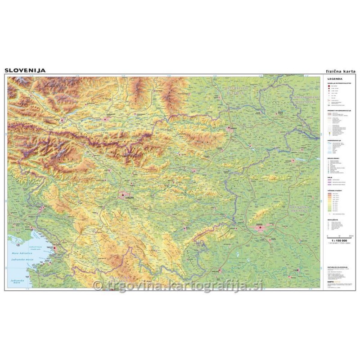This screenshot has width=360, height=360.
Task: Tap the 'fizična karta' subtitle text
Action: [341, 71]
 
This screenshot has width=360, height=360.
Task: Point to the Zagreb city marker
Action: [260, 228]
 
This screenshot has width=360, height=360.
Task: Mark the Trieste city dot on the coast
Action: [55, 247]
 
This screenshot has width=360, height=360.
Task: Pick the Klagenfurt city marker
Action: [107, 119]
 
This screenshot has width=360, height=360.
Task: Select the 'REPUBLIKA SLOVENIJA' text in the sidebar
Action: [337, 266]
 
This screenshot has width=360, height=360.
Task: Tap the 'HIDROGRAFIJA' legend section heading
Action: [335, 140]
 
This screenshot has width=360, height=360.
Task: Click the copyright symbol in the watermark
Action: [96, 284]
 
